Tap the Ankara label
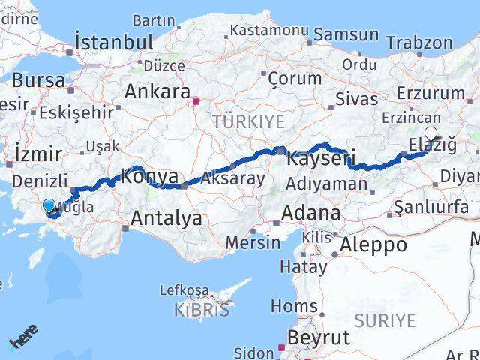click(x=157, y=91)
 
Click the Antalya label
click(x=166, y=218)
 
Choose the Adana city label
click(x=310, y=214)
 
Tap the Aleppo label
click(x=373, y=244)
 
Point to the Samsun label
click(x=346, y=34)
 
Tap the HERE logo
click(x=23, y=340)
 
